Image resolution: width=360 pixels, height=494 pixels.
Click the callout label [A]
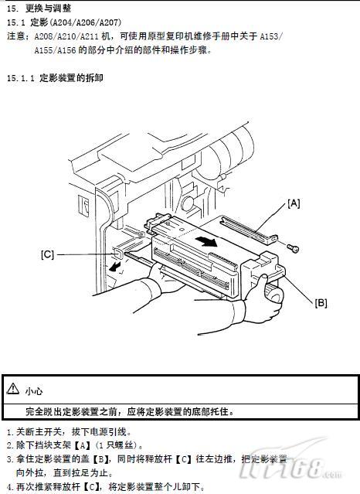[x=294, y=203]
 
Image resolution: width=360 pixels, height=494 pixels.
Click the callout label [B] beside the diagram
[x=321, y=303]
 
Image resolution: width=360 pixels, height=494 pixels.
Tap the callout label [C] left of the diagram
[x=48, y=254]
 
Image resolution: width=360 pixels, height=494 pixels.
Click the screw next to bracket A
[x=293, y=248]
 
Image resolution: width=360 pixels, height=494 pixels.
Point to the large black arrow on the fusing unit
[x=206, y=242]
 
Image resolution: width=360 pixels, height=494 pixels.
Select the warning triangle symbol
[x=12, y=389]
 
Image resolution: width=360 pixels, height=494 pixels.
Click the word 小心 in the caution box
[x=34, y=391]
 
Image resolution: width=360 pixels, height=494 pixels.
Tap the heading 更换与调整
[x=48, y=9]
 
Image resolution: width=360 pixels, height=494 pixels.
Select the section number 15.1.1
[x=21, y=78]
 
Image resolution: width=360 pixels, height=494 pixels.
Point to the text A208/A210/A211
[x=66, y=36]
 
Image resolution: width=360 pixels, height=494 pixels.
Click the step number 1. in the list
[x=11, y=432]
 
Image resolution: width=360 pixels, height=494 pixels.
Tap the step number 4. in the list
[x=11, y=487]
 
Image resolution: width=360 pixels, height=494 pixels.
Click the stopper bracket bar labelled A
[x=249, y=229]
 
